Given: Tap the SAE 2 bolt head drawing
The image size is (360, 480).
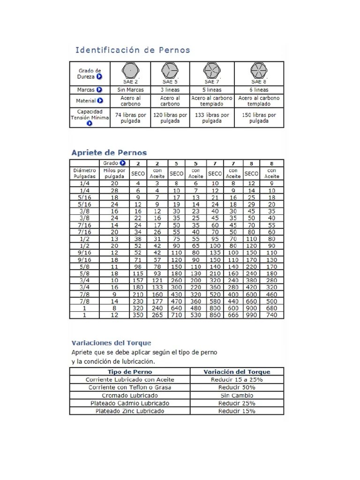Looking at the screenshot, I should click(x=130, y=71).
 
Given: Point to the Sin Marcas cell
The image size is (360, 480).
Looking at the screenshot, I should click(x=130, y=90).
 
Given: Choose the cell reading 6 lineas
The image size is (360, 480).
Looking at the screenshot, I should click(x=259, y=90).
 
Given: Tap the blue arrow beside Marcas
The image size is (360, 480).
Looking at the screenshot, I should click(x=99, y=90).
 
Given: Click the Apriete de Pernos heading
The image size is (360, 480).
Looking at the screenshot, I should click(x=109, y=152).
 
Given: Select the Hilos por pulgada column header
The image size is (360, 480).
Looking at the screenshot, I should click(x=114, y=173).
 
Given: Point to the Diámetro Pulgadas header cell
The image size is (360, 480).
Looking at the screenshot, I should click(x=85, y=173).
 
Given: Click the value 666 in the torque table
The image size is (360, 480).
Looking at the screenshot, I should click(x=233, y=315).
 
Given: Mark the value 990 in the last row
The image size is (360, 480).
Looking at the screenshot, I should click(x=251, y=315).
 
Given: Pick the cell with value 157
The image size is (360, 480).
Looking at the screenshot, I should click(x=137, y=280).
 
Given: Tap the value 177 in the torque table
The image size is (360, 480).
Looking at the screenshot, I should click(x=157, y=301).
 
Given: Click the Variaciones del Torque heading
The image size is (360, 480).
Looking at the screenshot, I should click(x=111, y=343).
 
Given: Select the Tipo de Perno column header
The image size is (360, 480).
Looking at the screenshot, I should click(x=130, y=372).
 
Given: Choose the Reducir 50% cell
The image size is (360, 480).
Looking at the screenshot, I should click(x=237, y=388).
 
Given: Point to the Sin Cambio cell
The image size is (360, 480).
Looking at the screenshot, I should click(x=237, y=395).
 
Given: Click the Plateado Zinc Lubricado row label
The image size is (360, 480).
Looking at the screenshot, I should click(x=130, y=411).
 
